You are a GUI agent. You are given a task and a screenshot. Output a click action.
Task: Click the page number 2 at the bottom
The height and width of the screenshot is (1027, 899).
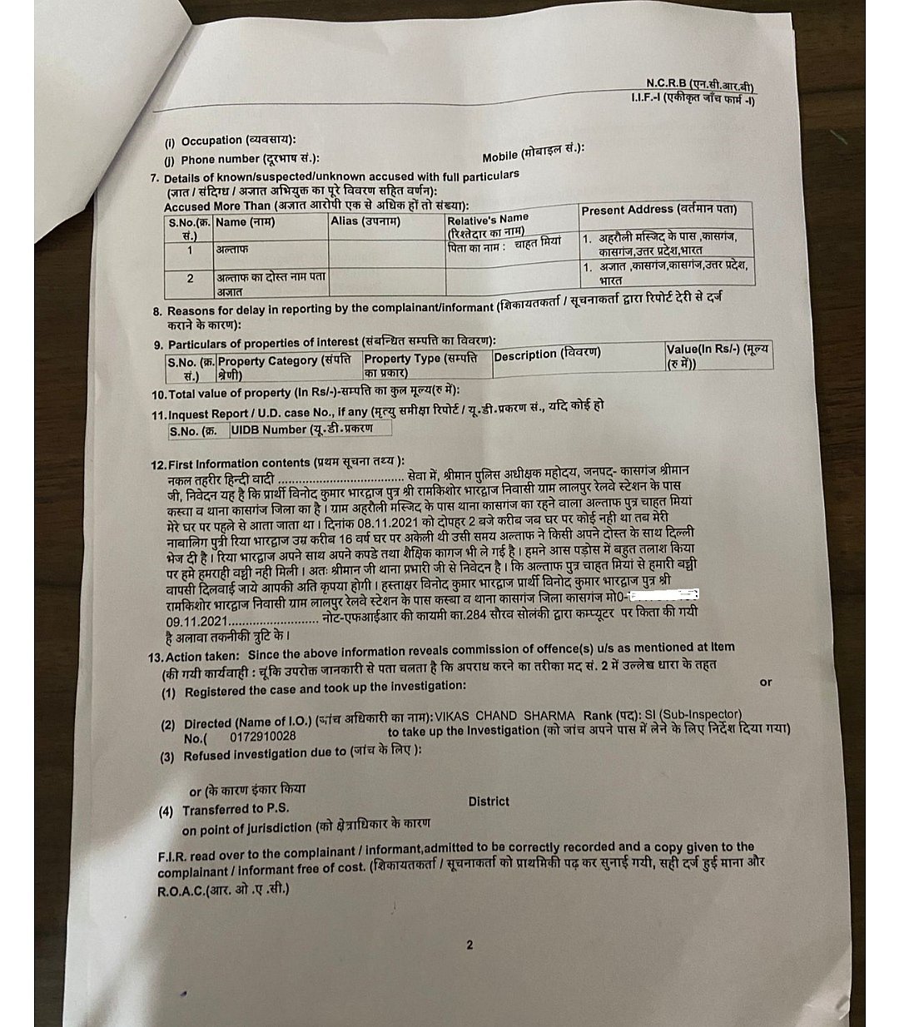pos(469,945)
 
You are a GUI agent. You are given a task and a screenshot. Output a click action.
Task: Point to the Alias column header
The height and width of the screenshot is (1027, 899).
pos(365,221)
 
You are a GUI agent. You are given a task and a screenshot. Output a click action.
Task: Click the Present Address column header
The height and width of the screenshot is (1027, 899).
pos(658,211)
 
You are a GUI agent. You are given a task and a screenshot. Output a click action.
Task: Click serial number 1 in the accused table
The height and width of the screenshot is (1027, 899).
pos(190,250)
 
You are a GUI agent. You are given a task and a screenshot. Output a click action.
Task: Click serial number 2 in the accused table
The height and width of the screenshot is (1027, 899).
pos(190,279)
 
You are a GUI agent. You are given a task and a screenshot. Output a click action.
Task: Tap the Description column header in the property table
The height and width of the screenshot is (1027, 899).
pos(546,355)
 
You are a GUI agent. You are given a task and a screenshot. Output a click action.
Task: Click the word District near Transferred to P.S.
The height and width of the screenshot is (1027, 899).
pos(488,801)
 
